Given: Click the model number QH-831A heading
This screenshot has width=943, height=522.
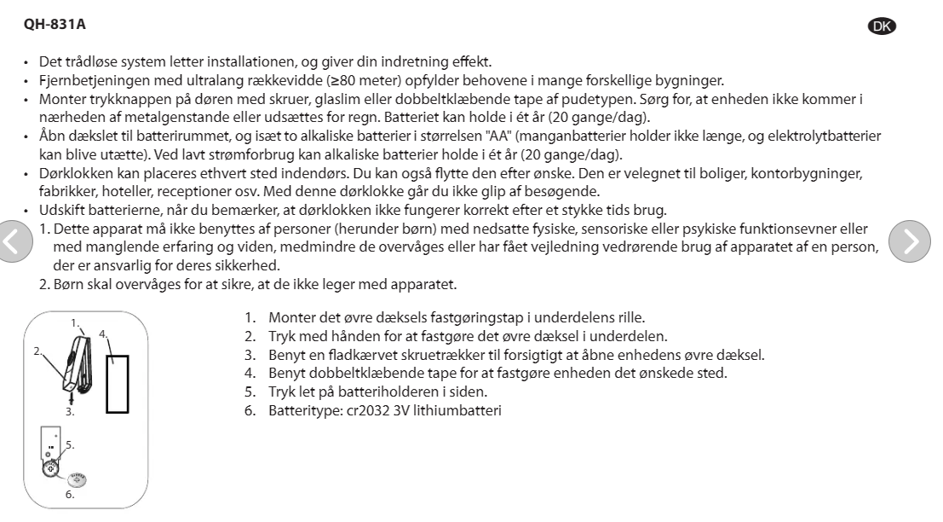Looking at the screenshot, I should click(55, 26).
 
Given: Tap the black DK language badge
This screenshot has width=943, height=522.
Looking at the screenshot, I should click(885, 26).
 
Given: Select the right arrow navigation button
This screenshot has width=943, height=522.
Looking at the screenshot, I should click(909, 242).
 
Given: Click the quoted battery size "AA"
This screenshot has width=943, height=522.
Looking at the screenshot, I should click(497, 136).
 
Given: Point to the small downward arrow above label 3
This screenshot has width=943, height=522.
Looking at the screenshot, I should click(72, 397).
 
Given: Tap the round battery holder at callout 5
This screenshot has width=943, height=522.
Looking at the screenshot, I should click(52, 468).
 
